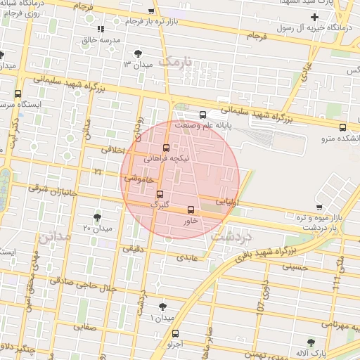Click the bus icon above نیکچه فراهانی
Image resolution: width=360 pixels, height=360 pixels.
(x=166, y=148)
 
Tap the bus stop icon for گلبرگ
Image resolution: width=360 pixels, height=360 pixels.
(x=160, y=193)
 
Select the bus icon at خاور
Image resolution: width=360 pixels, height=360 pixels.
(x=191, y=210)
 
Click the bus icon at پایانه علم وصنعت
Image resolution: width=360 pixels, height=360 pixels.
(x=202, y=115)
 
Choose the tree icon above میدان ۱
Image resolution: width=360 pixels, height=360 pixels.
(x=163, y=306)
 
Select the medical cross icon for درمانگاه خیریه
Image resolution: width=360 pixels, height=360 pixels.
(x=314, y=17)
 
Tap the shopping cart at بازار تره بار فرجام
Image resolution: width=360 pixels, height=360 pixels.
(x=152, y=11)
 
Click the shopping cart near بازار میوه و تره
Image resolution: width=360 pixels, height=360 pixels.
(x=320, y=207)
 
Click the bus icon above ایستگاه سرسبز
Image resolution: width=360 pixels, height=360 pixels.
(x=18, y=93)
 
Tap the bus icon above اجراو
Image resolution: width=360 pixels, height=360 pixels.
(x=175, y=333)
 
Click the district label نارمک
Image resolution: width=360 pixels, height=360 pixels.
(x=175, y=62)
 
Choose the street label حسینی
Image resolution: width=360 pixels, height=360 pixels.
(x=295, y=266)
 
